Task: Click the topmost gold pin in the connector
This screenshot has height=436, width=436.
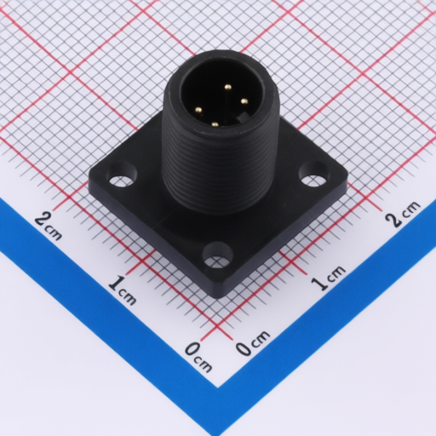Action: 227,87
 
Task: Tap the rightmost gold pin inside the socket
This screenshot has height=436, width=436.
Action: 244,100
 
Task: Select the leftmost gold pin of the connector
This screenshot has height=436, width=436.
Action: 198,109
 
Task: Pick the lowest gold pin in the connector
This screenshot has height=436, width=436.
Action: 215,123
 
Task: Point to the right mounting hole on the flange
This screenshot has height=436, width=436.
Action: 314,174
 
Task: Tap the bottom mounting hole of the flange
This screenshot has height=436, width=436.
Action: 217,255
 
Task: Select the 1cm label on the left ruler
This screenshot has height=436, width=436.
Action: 123,290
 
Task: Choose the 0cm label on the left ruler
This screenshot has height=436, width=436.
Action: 198,357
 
